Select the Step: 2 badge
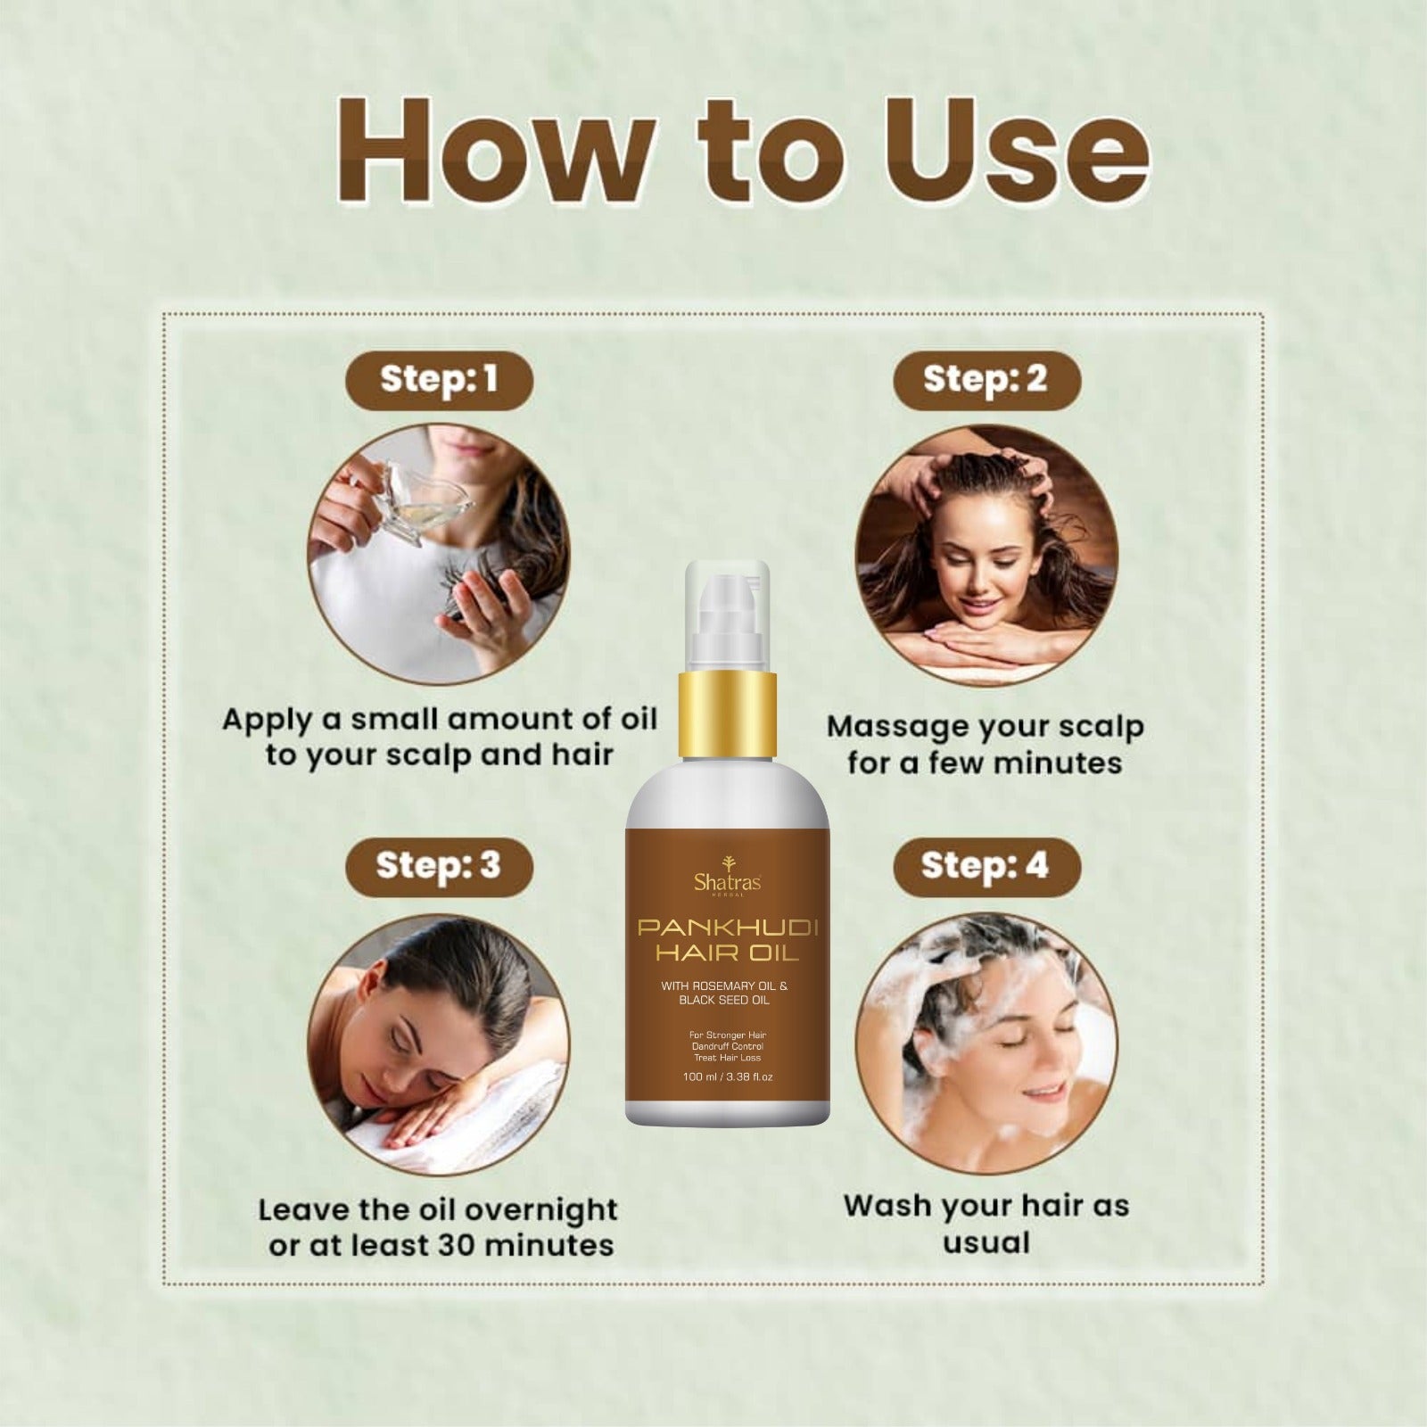click(986, 380)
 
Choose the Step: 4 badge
click(986, 866)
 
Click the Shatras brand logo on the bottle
click(727, 874)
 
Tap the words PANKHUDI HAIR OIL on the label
click(728, 942)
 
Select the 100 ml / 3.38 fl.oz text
click(728, 1076)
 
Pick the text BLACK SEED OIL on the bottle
click(728, 1001)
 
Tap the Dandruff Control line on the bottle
click(728, 1046)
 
